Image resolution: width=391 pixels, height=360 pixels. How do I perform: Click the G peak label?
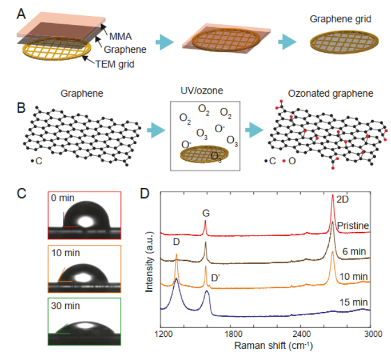coord(206,211)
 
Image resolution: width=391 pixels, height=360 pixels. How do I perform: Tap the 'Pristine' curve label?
coord(354,225)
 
